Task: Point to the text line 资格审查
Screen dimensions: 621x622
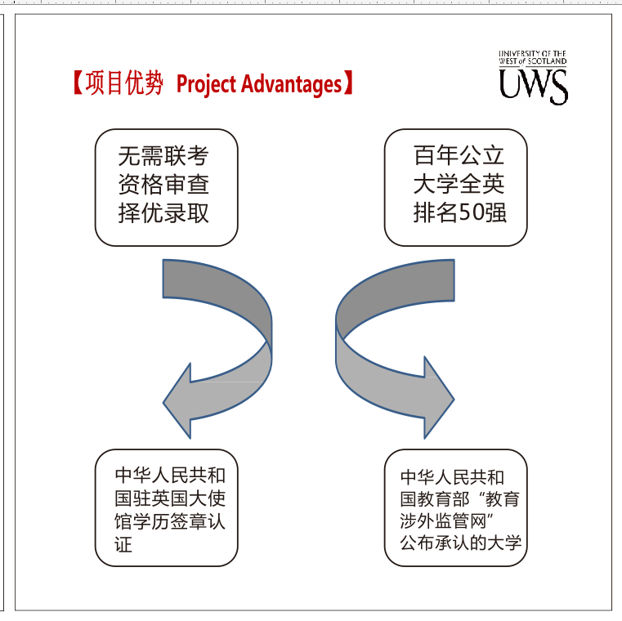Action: (163, 185)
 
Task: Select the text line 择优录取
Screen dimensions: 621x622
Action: (163, 213)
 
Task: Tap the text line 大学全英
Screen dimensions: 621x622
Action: (459, 185)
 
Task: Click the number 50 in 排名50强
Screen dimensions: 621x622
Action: (470, 214)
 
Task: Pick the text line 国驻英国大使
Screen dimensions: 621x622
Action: (170, 498)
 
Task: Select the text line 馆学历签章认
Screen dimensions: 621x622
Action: (170, 520)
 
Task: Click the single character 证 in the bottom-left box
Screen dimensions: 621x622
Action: (123, 543)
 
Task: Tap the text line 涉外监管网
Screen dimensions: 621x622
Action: (445, 521)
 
